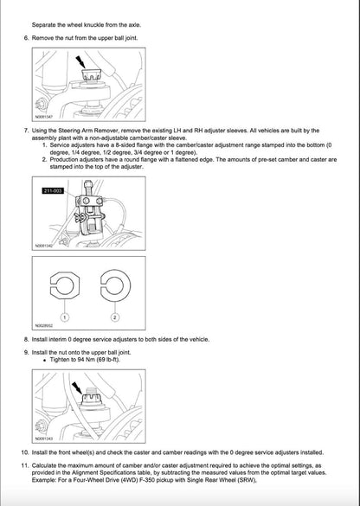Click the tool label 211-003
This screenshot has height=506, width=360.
tap(53, 191)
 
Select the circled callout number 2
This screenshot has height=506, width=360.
tap(112, 318)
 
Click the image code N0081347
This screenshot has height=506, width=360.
tap(45, 115)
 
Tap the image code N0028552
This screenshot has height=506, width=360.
tap(45, 326)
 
